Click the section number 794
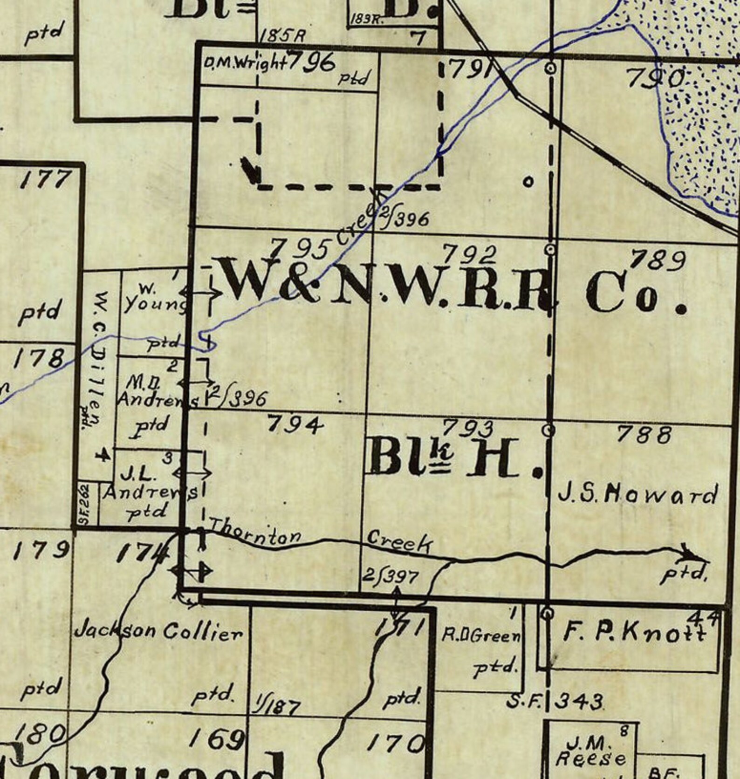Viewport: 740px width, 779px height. (x=295, y=424)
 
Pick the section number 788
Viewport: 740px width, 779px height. (x=644, y=435)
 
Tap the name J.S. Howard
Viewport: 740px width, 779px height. (x=637, y=496)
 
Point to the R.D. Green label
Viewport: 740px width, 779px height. (x=480, y=635)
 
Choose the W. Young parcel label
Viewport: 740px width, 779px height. (x=154, y=298)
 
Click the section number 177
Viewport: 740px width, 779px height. (x=45, y=180)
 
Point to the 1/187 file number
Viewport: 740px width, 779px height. (x=277, y=707)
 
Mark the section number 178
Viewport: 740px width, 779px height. (x=39, y=358)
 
